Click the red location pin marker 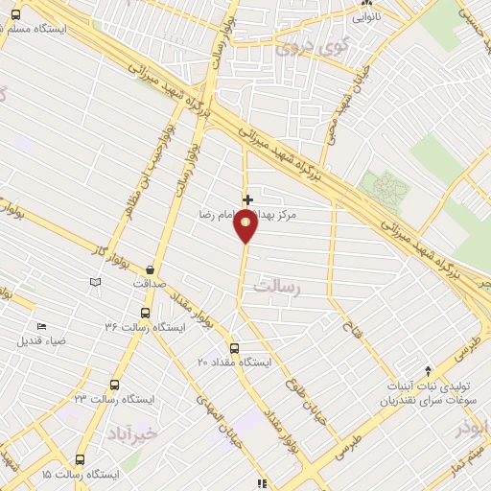(x=246, y=226)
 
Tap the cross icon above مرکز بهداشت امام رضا (x=247, y=200)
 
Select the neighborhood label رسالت (x=276, y=286)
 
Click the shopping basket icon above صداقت (x=152, y=270)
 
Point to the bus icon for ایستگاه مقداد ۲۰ (x=235, y=348)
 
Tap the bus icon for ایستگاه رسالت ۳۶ (x=145, y=313)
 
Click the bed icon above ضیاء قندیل (x=40, y=327)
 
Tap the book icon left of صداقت (x=95, y=282)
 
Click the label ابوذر (x=473, y=427)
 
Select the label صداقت (x=150, y=284)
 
